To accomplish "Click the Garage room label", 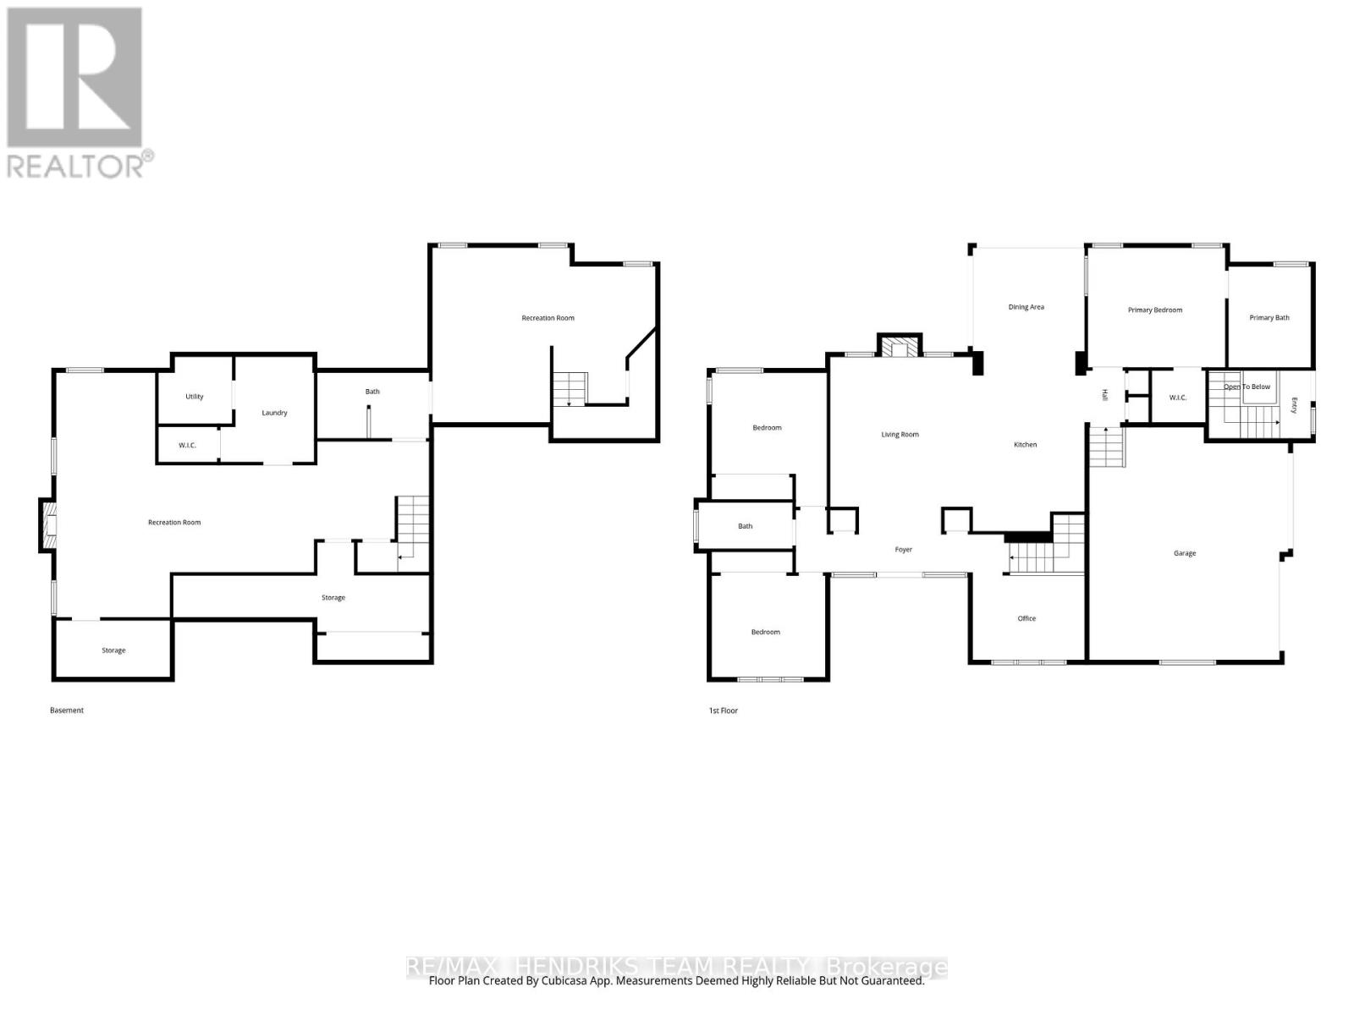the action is [x=1184, y=553].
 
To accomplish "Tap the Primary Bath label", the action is [x=1269, y=317].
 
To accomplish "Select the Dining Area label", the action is [x=1026, y=307].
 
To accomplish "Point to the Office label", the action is [x=1027, y=618].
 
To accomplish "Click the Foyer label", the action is [x=903, y=549].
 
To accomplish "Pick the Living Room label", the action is [x=900, y=435].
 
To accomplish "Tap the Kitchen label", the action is [x=1025, y=444].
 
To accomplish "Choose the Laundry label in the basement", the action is [x=274, y=413].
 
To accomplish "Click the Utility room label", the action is [x=195, y=396].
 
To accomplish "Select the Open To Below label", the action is [x=1247, y=387].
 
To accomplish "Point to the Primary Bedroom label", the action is [x=1155, y=310].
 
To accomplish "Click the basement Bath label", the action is [x=372, y=392].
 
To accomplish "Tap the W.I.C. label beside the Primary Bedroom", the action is [x=1178, y=398].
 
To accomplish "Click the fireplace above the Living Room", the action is [x=900, y=346].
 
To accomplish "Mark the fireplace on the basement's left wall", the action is [x=48, y=525].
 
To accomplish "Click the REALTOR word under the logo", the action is [x=76, y=166].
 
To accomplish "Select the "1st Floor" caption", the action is [x=723, y=710].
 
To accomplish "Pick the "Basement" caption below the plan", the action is [x=67, y=710].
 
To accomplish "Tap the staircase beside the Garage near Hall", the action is [x=1107, y=447].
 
